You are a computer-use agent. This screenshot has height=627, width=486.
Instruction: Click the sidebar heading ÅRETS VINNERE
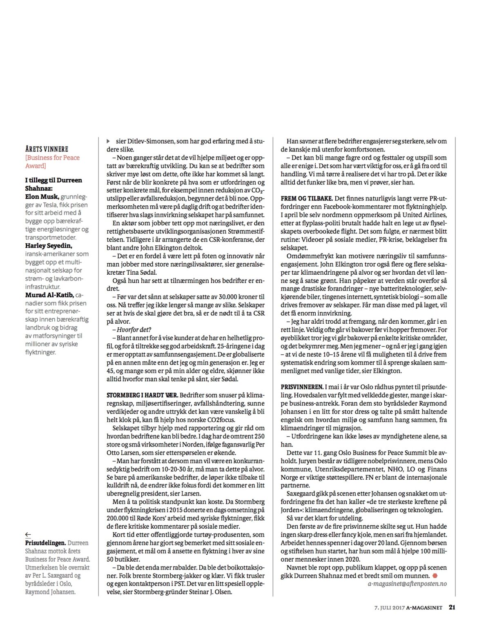coord(47,149)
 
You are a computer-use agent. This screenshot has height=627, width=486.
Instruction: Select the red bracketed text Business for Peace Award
coord(52,162)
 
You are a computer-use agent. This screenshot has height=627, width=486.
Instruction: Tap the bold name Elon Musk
coord(42,197)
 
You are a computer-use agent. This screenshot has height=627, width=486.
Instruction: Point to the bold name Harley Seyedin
coord(49,246)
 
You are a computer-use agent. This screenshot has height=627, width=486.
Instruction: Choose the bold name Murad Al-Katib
coord(49,295)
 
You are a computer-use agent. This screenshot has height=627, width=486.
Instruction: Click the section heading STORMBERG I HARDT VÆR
coord(142,395)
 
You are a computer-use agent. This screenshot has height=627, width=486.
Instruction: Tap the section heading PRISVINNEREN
coord(302,387)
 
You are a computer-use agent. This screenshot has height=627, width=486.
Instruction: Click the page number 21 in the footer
coord(452,607)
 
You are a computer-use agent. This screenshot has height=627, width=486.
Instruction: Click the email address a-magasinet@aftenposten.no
coord(407,584)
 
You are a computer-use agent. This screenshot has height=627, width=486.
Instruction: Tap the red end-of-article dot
coord(435,576)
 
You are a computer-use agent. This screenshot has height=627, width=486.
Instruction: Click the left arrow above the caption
coord(28,534)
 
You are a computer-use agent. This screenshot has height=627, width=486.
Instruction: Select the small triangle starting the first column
coord(108,141)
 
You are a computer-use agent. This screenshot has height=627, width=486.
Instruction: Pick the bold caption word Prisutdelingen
coord(45,543)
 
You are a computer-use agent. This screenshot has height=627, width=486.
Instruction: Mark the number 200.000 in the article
coord(118,518)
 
